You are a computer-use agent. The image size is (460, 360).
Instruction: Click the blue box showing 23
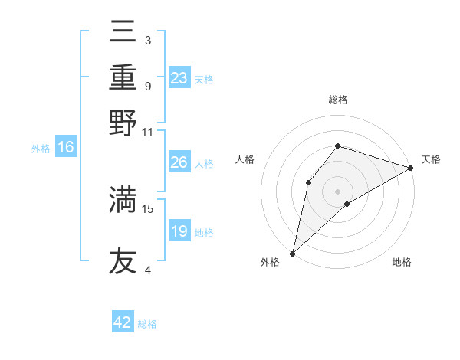coord(179,78)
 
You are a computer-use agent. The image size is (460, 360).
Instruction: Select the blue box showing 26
coord(179,162)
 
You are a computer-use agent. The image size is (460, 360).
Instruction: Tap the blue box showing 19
coord(179,231)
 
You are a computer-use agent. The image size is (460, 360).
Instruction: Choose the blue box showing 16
coord(66,148)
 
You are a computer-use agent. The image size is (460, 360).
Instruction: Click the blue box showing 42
coord(123,322)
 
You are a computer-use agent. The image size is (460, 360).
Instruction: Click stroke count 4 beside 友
coord(148,270)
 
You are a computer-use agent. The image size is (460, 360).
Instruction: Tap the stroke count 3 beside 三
coord(147,40)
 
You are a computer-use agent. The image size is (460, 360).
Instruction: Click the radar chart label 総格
coord(337,100)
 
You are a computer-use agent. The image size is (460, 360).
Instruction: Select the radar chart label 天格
coord(431,159)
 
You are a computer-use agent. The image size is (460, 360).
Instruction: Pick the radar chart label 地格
coord(402,262)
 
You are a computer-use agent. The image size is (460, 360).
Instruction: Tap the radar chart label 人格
coord(245,159)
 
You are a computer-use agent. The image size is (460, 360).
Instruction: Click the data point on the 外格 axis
coord(292,253)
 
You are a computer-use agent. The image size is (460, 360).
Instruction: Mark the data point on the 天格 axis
coord(411,168)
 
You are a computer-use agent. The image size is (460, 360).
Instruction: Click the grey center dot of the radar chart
coord(337,191)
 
